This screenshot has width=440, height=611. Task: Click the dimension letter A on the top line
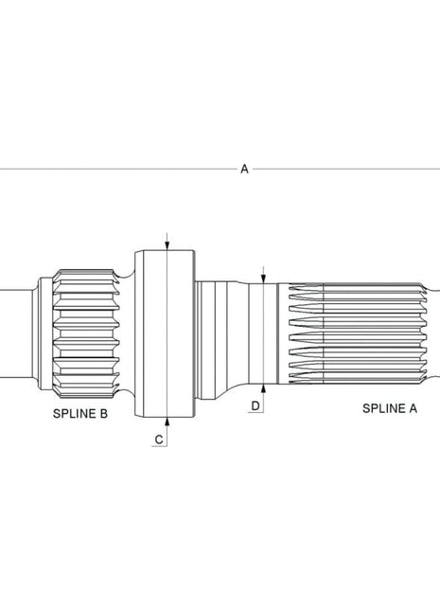click(x=244, y=169)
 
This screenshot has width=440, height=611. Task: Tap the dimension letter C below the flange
click(x=159, y=439)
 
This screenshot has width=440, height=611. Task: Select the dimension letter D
click(x=255, y=405)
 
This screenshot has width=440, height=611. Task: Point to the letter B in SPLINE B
click(x=104, y=415)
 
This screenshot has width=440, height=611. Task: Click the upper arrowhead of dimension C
click(x=166, y=245)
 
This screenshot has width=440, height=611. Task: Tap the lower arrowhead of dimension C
click(x=166, y=420)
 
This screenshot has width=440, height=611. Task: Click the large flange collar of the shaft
click(x=166, y=332)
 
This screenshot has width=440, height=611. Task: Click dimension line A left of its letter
click(x=114, y=169)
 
